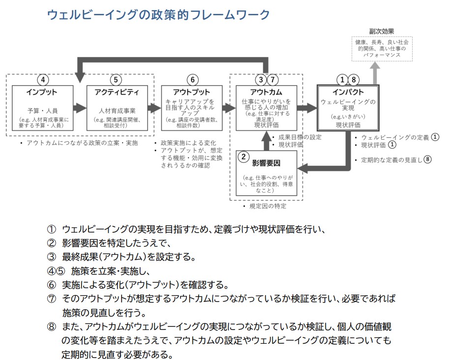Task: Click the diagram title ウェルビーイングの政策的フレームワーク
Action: pos(158,15)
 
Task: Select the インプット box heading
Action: pos(42,92)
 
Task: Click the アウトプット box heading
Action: pos(191,92)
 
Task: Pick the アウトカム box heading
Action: pos(267,92)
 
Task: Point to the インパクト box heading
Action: pos(348,92)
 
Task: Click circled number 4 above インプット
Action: pos(44,80)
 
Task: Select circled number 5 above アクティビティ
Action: pos(116,80)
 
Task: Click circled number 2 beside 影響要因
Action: pos(242,157)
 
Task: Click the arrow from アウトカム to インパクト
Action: pos(307,108)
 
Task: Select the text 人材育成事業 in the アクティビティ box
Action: pos(116,111)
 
